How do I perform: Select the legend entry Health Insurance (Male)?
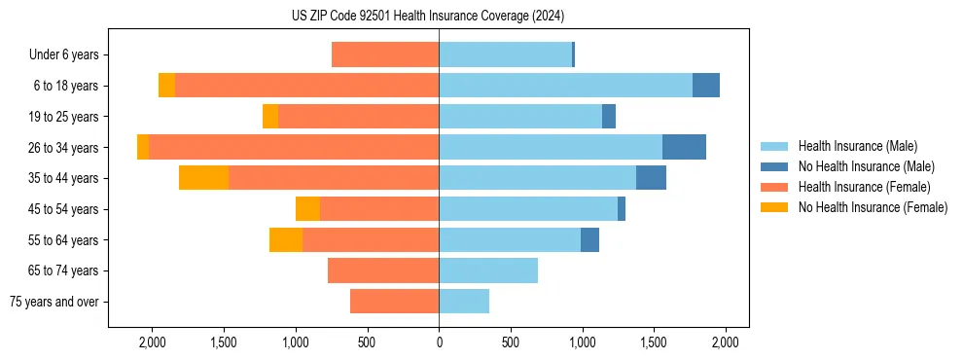(x=857, y=146)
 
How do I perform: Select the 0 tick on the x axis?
(x=439, y=342)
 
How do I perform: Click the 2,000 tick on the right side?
(x=726, y=342)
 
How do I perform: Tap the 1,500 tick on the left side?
(x=224, y=342)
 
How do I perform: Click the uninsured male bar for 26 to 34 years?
(x=684, y=147)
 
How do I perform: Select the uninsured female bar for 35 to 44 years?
(x=203, y=178)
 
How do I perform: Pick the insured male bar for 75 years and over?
(x=464, y=302)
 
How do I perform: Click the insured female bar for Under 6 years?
(x=385, y=54)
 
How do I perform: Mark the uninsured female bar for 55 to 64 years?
(x=286, y=239)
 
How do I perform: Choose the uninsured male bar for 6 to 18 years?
(x=706, y=86)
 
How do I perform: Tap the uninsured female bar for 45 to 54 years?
(x=307, y=209)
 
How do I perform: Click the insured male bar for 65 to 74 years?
(x=488, y=270)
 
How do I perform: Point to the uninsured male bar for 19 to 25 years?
(x=609, y=117)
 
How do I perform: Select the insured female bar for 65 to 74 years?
(x=383, y=270)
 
